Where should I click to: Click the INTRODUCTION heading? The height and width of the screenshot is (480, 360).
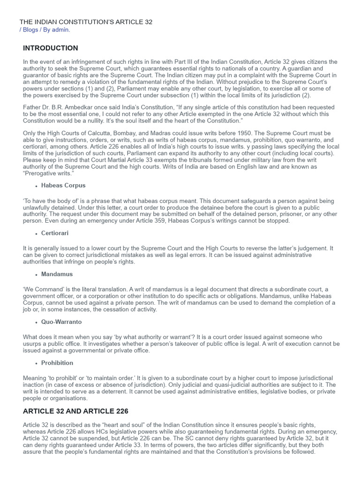click(x=51, y=48)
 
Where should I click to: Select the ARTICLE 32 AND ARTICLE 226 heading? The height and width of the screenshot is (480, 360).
click(x=75, y=412)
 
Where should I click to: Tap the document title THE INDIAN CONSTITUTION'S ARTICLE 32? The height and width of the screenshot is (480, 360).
click(x=86, y=22)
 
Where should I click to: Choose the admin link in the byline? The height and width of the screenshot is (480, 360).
click(x=60, y=30)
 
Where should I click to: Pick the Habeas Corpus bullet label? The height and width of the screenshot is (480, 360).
click(x=63, y=186)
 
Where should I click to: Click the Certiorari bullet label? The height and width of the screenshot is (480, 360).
click(x=55, y=233)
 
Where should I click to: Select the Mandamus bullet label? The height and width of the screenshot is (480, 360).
click(x=57, y=274)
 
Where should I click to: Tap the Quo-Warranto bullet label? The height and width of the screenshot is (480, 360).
click(x=61, y=322)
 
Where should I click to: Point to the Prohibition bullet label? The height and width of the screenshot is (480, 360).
click(x=57, y=363)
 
